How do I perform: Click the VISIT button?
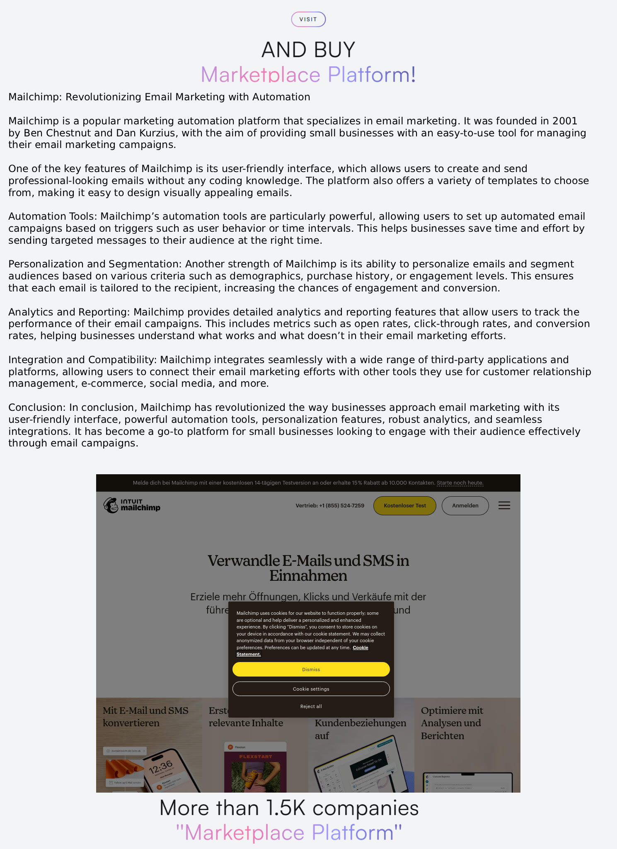click(308, 19)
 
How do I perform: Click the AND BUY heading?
click(308, 50)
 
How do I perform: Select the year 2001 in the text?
click(564, 121)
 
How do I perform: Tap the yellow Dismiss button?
click(311, 669)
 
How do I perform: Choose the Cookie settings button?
click(311, 689)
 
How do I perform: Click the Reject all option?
click(311, 706)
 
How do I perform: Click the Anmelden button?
click(465, 506)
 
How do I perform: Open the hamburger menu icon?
click(504, 506)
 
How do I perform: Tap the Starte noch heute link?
click(460, 483)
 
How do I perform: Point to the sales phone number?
click(330, 506)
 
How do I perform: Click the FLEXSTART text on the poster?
click(255, 757)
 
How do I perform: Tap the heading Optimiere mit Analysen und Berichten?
click(452, 723)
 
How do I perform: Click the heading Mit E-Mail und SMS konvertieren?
click(145, 717)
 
